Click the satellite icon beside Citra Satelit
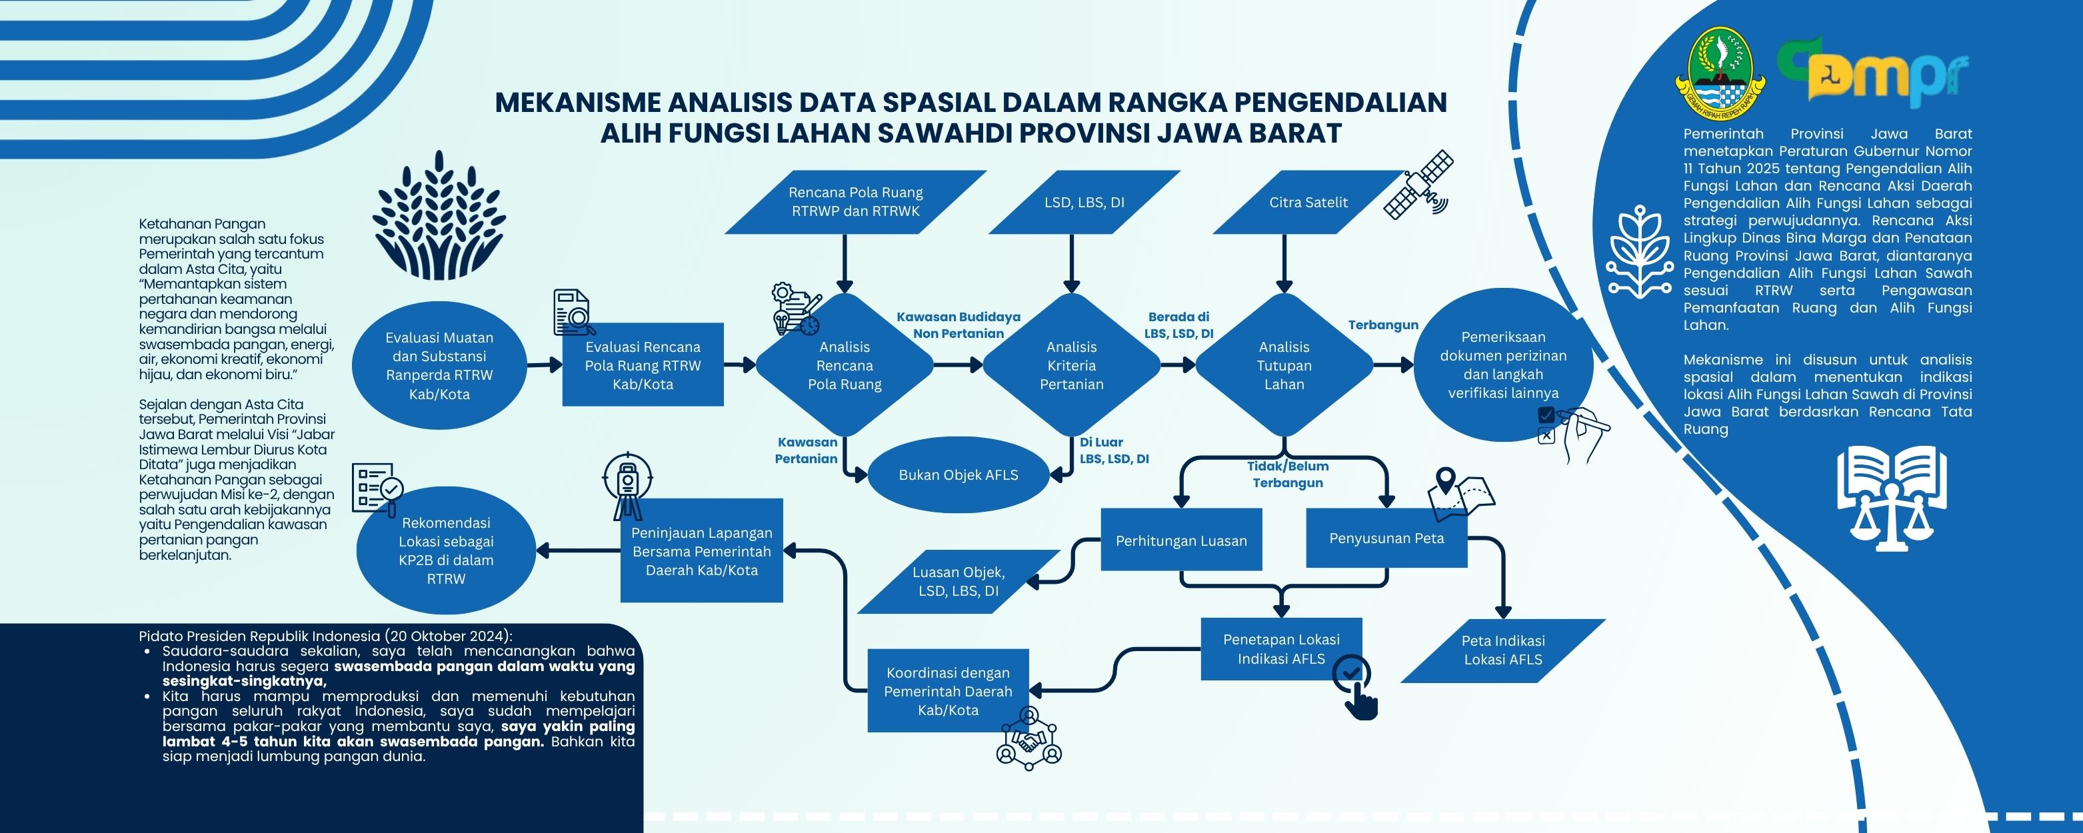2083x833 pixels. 1418,185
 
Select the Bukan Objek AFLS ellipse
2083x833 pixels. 959,474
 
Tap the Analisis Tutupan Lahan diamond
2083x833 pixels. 1284,365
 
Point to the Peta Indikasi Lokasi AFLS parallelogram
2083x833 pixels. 1503,650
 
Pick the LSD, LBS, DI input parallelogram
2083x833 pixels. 1084,202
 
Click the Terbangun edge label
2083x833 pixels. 1382,325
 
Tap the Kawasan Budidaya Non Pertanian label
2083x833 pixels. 959,325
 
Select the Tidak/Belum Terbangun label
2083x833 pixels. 1287,474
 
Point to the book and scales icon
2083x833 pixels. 1891,497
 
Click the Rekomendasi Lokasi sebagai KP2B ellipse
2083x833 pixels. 447,550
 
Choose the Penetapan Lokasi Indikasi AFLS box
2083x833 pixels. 1282,648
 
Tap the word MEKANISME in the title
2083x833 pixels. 577,103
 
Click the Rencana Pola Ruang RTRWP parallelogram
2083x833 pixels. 855,202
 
